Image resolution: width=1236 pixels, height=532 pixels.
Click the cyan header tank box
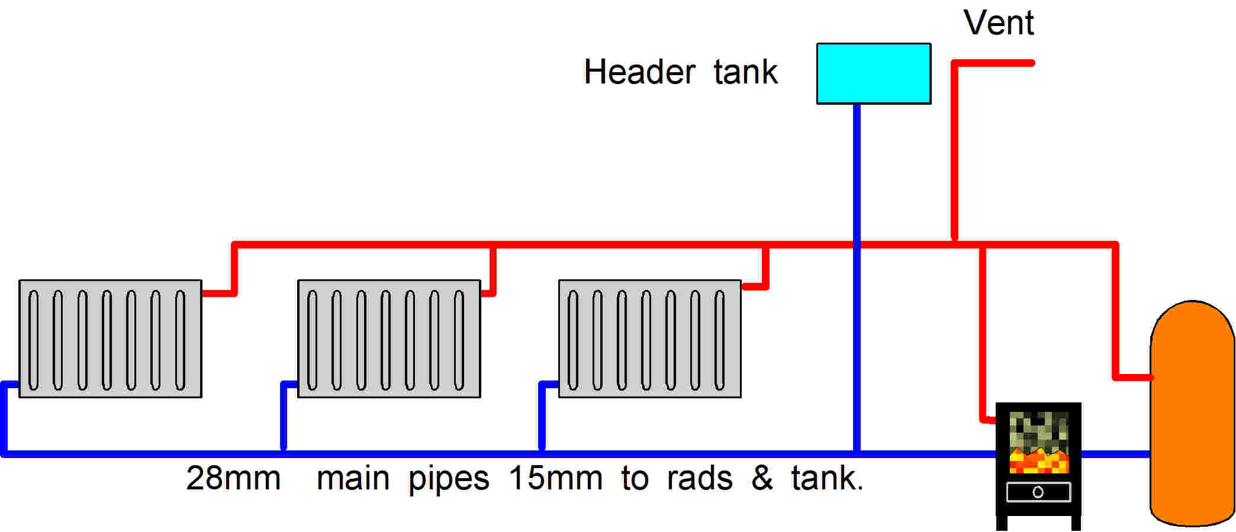click(x=873, y=73)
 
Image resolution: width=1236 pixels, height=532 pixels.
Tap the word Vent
click(x=998, y=23)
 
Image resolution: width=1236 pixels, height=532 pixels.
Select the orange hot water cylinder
click(x=1192, y=414)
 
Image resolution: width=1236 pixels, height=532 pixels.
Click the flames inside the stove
click(x=1038, y=461)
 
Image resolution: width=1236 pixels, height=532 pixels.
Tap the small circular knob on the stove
click(x=1038, y=492)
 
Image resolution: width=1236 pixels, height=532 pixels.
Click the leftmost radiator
click(x=110, y=338)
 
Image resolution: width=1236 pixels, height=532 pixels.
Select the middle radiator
click(x=389, y=338)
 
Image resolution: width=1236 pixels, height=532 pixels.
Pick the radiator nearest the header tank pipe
click(x=649, y=338)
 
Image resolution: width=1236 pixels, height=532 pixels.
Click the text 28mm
click(x=233, y=478)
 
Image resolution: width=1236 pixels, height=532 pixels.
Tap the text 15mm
click(x=555, y=478)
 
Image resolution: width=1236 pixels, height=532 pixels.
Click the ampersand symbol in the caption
click(x=762, y=478)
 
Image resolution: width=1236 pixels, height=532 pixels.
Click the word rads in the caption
click(x=699, y=478)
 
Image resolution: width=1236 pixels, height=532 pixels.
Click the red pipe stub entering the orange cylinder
click(x=1132, y=376)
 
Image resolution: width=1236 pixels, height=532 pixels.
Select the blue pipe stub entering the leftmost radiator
click(x=11, y=385)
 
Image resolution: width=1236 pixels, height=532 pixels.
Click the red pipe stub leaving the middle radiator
click(x=489, y=292)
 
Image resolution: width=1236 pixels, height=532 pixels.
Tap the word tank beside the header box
click(x=745, y=72)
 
